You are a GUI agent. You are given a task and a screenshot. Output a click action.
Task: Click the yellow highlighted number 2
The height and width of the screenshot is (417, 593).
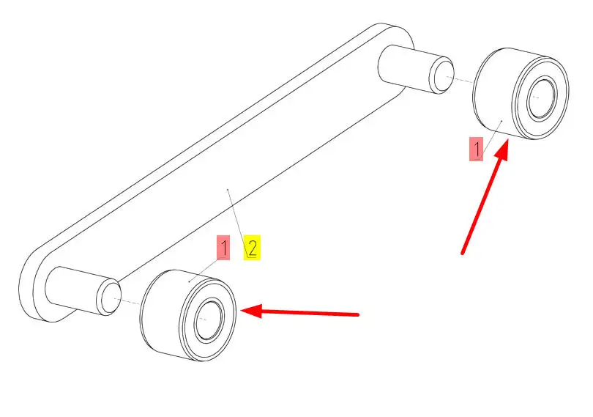point(252,248)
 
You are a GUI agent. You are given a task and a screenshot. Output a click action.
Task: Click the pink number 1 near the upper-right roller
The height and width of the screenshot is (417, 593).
point(477,150)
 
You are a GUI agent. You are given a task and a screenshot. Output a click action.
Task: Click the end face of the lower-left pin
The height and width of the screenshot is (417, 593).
point(110,297)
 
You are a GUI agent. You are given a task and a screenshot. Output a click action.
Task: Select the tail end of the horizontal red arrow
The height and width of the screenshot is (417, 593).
point(358,314)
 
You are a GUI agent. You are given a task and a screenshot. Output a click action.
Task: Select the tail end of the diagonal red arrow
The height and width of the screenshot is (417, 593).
point(462,254)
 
